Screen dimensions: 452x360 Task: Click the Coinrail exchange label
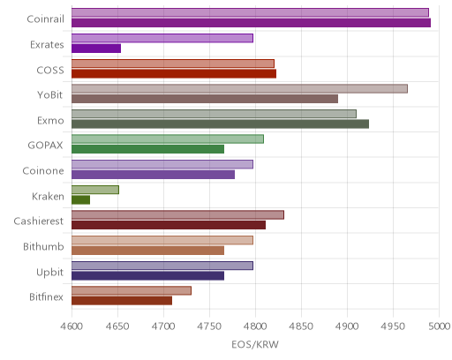(45, 19)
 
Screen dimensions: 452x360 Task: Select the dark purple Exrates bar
(96, 49)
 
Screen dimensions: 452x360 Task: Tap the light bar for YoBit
(239, 88)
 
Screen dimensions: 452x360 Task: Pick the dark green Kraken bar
(80, 200)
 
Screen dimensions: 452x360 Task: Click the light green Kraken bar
(95, 190)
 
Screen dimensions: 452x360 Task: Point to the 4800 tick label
(255, 326)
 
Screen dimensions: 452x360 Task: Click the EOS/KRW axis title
(255, 344)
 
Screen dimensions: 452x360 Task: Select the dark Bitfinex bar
(122, 301)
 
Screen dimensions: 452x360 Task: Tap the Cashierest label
(39, 221)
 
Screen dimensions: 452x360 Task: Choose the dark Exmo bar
(220, 124)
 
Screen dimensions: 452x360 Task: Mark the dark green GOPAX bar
(147, 149)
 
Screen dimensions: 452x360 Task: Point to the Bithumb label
(43, 246)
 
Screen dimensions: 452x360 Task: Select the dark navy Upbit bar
(147, 275)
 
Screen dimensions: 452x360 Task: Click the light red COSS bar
(173, 64)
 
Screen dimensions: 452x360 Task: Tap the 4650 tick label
(117, 326)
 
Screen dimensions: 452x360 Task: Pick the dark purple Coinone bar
(153, 175)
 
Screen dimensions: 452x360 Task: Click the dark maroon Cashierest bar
(169, 225)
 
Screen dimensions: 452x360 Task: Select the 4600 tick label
(72, 326)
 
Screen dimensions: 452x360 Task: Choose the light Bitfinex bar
(132, 291)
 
